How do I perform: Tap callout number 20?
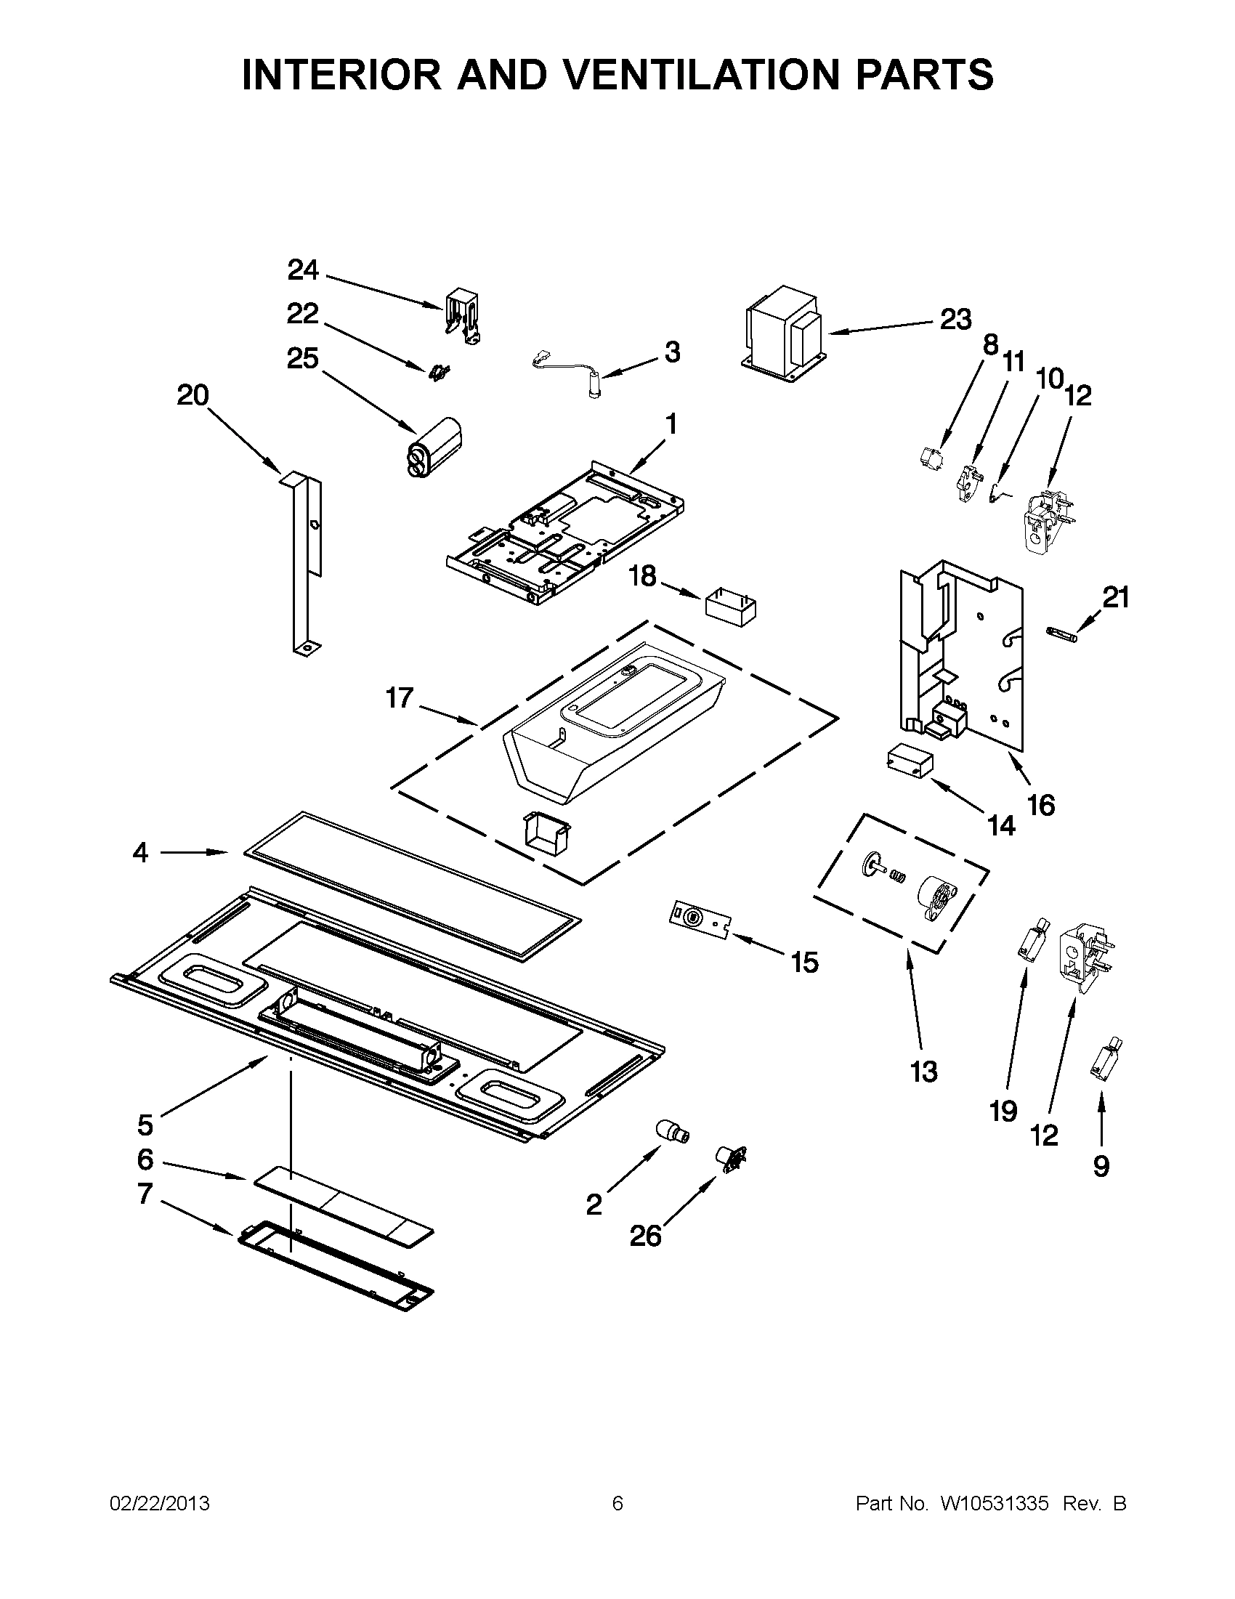193,395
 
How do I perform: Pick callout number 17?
400,697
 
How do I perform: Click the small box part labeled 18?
730,608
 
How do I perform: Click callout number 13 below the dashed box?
924,1072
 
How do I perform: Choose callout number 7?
145,1194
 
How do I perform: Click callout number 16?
1041,806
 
